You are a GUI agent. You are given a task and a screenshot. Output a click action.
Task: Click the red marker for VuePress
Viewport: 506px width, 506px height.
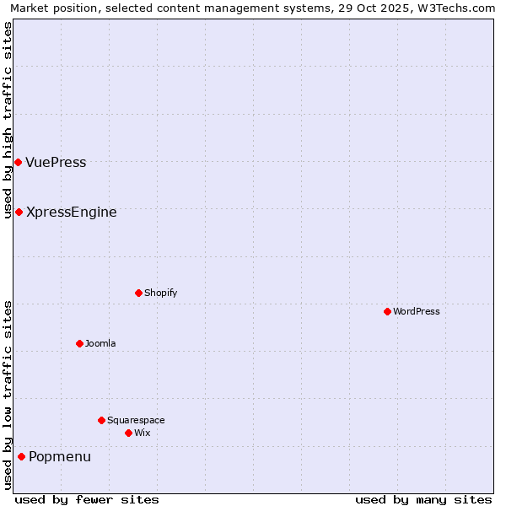[x=18, y=162]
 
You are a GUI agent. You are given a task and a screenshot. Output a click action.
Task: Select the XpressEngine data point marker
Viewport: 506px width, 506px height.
[x=19, y=212]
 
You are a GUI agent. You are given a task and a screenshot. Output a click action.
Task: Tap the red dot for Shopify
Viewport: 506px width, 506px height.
[x=138, y=293]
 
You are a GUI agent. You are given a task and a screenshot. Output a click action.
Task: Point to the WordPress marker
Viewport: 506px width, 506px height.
[x=387, y=311]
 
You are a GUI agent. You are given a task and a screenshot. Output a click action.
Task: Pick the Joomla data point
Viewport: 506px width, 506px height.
[x=79, y=343]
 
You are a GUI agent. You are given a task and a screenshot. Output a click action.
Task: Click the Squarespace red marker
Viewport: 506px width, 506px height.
[x=101, y=420]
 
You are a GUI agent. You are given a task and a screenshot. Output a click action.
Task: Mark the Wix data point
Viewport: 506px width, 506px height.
[x=128, y=433]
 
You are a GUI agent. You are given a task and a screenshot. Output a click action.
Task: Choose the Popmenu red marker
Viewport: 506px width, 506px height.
[x=21, y=456]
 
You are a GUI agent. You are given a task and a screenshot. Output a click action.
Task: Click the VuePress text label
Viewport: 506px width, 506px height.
[x=56, y=163]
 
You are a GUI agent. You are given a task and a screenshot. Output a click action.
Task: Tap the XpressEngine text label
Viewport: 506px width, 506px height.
[x=72, y=213]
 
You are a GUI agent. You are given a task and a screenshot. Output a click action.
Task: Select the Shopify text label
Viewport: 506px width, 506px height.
[x=160, y=293]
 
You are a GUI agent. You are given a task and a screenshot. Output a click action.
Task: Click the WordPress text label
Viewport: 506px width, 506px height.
[x=417, y=312]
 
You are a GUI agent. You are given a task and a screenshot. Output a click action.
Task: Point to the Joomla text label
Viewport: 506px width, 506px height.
[x=100, y=344]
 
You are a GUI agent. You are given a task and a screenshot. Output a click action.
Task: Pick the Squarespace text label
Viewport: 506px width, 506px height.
[x=136, y=421]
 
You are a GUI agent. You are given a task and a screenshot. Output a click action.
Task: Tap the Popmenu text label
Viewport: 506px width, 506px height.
[x=60, y=457]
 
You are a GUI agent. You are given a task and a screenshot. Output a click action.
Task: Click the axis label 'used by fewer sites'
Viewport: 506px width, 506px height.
[x=87, y=499]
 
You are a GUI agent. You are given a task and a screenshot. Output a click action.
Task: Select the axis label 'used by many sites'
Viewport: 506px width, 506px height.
[x=423, y=499]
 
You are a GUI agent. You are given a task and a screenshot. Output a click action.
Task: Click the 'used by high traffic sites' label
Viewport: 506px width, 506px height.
[x=8, y=120]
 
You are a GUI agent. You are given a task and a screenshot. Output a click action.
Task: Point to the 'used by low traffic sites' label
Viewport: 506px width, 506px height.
[x=8, y=395]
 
